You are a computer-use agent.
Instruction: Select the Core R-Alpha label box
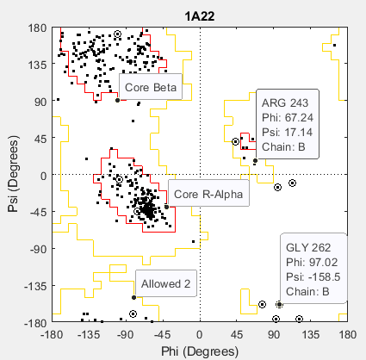point(208,195)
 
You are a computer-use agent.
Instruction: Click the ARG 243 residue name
point(285,102)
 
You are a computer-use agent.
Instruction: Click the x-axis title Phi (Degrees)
point(200,352)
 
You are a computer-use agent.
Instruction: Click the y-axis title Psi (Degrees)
point(11,174)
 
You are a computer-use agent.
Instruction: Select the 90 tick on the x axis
point(274,336)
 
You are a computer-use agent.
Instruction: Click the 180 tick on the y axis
point(36,28)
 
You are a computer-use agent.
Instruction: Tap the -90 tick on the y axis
point(34,248)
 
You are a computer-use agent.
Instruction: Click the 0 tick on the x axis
point(200,336)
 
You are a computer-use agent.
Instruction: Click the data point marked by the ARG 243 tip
point(255,160)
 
